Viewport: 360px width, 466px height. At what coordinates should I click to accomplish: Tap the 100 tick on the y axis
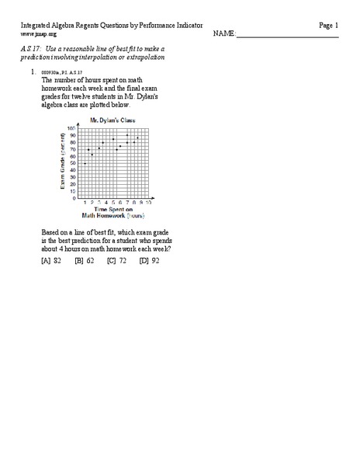coord(71,128)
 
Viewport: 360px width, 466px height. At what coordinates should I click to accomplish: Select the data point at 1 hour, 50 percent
coord(85,164)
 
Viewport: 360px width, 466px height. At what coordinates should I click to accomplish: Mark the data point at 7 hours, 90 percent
coord(126,135)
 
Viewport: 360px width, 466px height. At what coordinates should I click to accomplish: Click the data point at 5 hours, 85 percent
coord(112,139)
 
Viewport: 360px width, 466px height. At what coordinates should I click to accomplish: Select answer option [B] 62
coord(84,261)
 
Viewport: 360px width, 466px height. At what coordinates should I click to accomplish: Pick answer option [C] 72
coord(116,261)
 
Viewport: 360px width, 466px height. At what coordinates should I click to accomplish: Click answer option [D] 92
coord(149,261)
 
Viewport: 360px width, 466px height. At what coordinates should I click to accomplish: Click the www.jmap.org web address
coord(38,34)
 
